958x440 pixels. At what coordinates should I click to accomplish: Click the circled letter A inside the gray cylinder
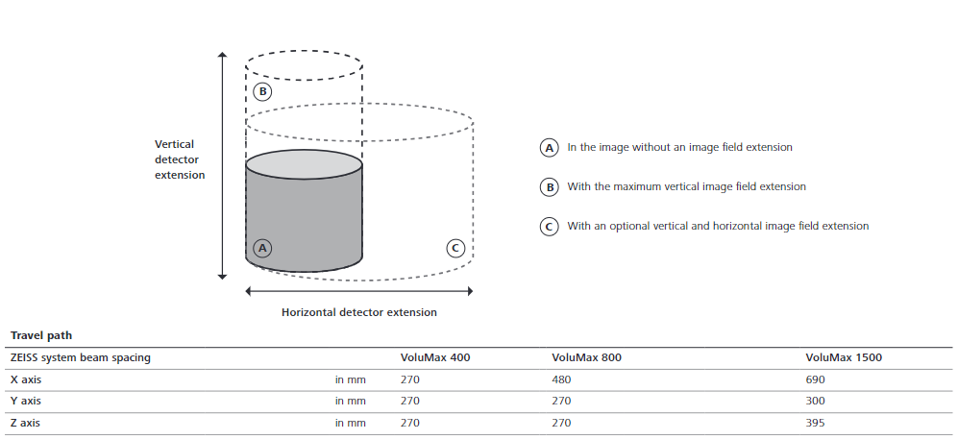pos(262,248)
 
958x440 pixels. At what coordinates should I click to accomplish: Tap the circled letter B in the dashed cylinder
pos(262,92)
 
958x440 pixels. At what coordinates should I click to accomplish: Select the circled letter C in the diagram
pos(456,248)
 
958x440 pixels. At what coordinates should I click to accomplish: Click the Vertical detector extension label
pos(180,159)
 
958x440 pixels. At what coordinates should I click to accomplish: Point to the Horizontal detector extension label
pos(358,312)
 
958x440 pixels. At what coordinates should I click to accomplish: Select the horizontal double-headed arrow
pos(359,290)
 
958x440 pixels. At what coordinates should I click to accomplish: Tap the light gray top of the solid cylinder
pos(304,164)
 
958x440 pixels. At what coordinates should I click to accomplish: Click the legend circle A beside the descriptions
pos(549,148)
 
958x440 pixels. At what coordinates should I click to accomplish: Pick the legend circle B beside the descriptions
pos(549,187)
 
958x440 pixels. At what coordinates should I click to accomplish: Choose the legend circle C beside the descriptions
pos(549,227)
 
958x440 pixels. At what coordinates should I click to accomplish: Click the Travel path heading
pos(41,335)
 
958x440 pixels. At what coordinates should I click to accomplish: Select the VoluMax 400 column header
pos(434,357)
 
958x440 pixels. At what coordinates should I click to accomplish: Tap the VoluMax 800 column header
pos(586,357)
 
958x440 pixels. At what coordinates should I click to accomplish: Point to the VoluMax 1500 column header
pos(844,357)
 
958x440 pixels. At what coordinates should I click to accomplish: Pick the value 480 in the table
pos(562,379)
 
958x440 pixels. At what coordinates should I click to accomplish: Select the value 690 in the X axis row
pos(816,379)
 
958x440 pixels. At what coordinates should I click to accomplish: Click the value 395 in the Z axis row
pos(816,423)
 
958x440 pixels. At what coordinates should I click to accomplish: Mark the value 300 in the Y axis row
pos(816,401)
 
